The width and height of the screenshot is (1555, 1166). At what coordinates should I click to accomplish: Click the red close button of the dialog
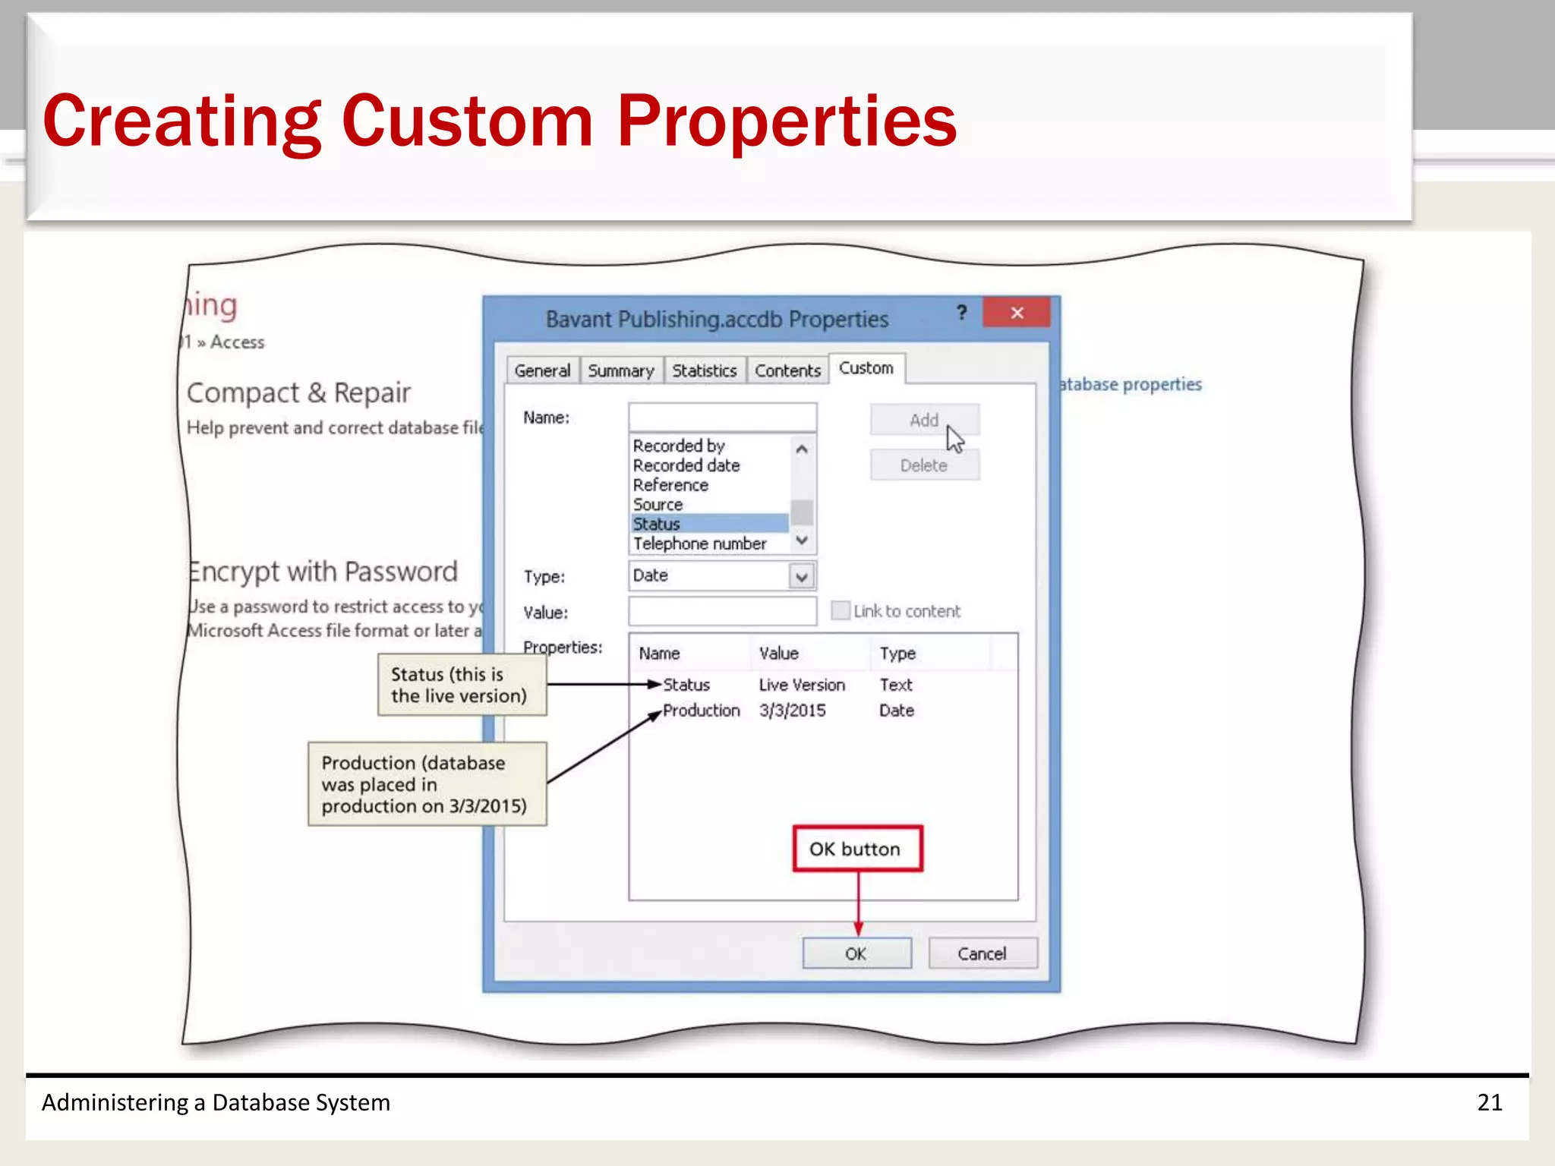click(1016, 313)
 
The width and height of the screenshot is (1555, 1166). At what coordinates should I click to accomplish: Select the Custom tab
click(866, 369)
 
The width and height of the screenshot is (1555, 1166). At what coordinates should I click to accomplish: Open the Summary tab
click(620, 371)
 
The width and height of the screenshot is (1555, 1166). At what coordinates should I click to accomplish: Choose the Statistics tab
click(704, 371)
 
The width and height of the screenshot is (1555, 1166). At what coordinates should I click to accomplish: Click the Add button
click(924, 421)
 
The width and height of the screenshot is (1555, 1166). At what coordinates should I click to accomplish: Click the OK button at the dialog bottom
click(856, 953)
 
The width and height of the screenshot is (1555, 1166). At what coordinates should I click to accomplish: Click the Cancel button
click(982, 953)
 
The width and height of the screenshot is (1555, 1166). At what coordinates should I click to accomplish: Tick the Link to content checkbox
click(841, 611)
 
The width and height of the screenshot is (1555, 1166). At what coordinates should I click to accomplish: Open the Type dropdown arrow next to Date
click(802, 577)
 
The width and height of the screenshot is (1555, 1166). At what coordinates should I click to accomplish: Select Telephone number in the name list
click(699, 544)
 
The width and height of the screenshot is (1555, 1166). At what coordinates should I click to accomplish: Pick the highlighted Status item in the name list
click(657, 525)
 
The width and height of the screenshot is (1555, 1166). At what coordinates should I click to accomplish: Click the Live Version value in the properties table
click(801, 685)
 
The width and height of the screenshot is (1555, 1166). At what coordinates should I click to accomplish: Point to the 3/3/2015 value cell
click(792, 711)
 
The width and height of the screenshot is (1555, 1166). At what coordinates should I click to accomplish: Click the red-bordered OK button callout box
click(857, 849)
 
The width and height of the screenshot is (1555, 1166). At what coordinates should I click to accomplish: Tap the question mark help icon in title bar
click(962, 313)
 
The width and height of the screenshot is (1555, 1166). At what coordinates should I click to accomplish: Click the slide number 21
click(1489, 1102)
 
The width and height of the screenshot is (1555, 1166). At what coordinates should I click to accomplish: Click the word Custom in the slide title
click(467, 121)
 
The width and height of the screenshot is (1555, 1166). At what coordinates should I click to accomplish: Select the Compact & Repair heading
click(298, 393)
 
